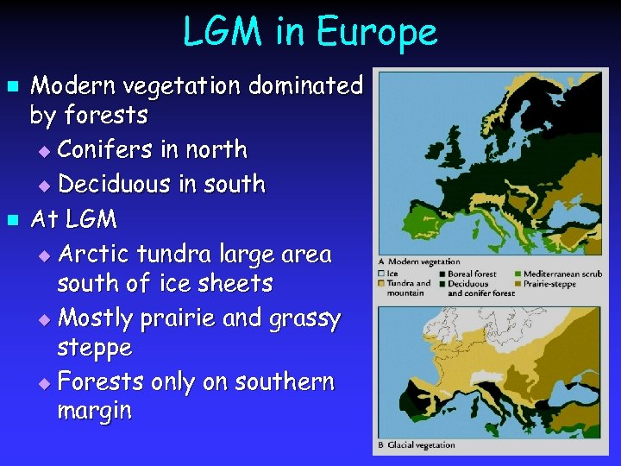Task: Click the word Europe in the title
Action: (377, 33)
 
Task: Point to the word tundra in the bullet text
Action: (185, 255)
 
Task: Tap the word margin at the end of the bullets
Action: (94, 411)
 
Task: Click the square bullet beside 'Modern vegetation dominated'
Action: (12, 87)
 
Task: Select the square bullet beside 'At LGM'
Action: (12, 220)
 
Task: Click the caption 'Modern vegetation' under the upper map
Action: (423, 261)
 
